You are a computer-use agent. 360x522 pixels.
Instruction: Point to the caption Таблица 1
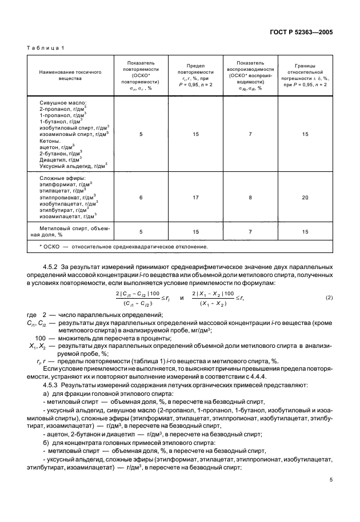[x=46, y=48]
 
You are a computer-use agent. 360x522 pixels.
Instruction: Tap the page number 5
[x=330, y=497]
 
